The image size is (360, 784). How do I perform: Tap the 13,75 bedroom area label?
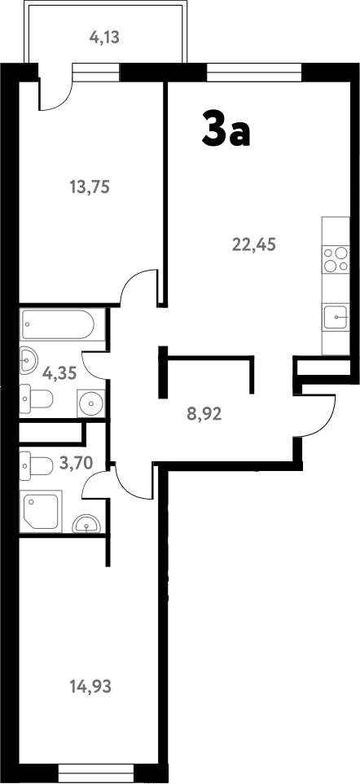[x=90, y=187]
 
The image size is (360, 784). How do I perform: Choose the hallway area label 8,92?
[x=204, y=412]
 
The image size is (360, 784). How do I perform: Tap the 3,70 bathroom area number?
[x=77, y=463]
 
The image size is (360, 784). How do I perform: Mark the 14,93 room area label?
[x=90, y=686]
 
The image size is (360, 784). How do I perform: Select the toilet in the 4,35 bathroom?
[x=37, y=399]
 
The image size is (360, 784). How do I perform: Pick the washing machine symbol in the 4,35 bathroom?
[x=92, y=402]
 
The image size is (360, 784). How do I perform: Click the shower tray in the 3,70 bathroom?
[x=42, y=512]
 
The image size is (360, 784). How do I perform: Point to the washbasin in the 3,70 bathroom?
[x=86, y=525]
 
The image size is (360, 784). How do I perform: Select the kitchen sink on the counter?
[x=336, y=316]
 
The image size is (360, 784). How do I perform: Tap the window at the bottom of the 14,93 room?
[x=97, y=771]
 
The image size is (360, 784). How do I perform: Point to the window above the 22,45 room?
[x=254, y=73]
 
